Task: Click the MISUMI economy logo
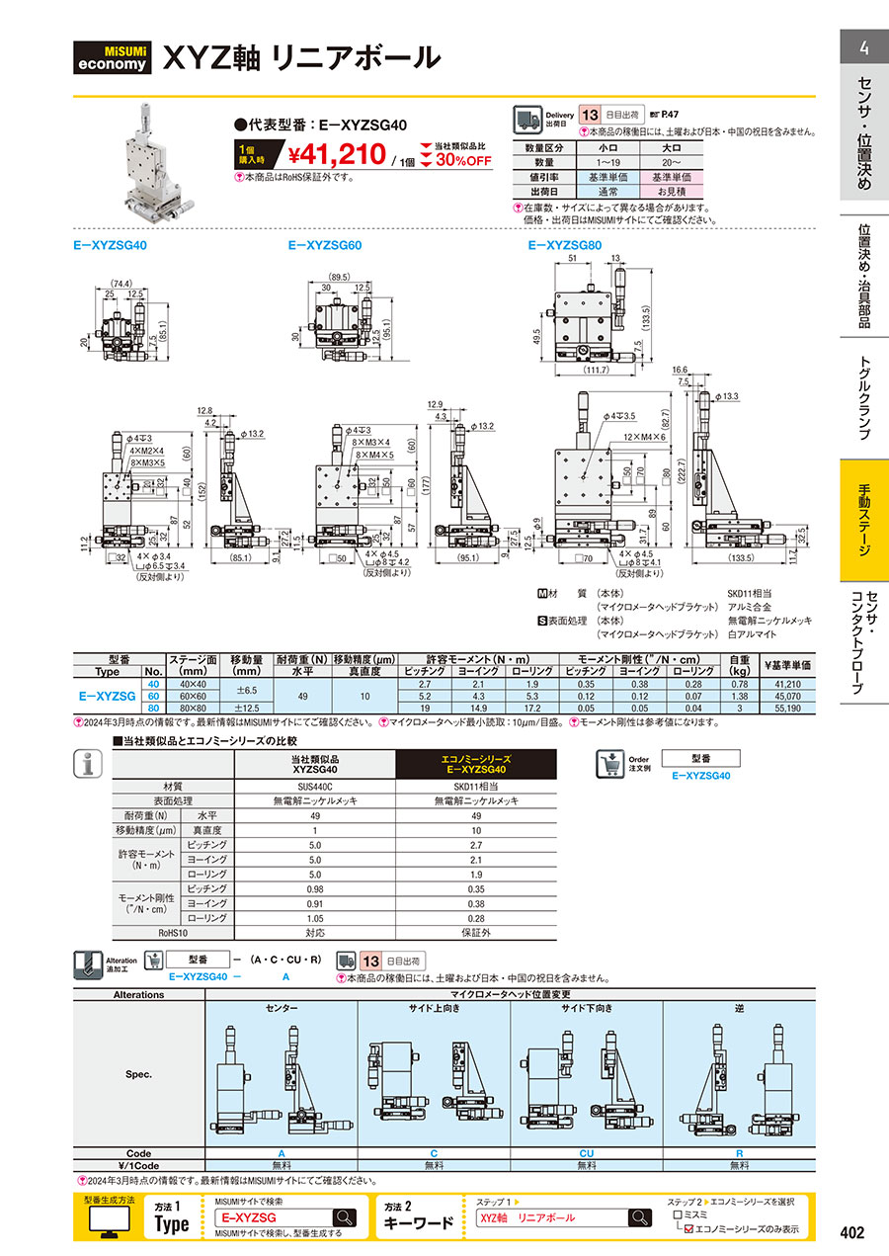pos(115,57)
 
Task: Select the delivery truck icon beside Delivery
pos(527,121)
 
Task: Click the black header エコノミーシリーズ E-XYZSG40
pos(476,764)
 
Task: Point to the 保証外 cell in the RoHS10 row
pos(476,932)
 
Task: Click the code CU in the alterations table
pos(586,1153)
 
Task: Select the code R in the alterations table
pos(739,1153)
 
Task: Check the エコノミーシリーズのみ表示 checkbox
pos(689,1229)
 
